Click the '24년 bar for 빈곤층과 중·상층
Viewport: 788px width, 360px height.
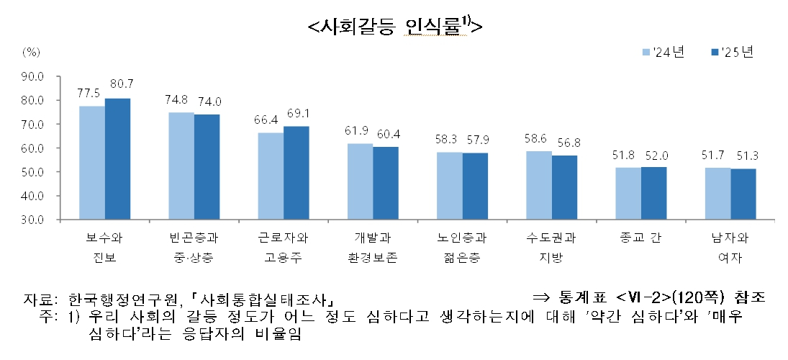tap(181, 166)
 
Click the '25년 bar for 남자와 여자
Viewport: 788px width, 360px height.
tap(743, 194)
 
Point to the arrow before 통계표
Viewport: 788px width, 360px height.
tap(541, 296)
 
